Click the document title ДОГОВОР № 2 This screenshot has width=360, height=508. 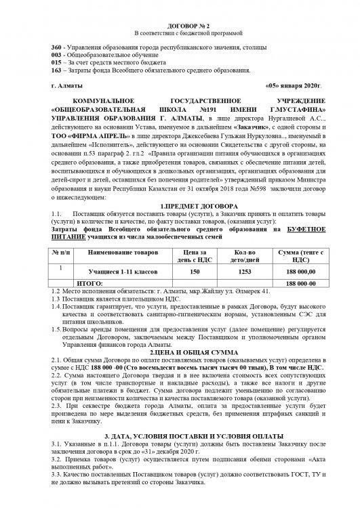pos(179,23)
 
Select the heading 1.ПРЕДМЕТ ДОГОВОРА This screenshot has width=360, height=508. pos(180,205)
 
